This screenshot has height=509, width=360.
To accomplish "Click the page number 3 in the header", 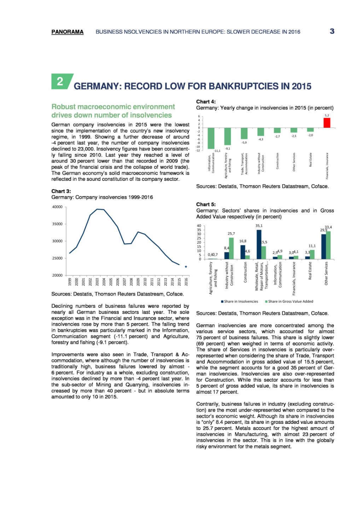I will tap(332, 31).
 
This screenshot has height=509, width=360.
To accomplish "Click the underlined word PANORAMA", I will tap(67, 32).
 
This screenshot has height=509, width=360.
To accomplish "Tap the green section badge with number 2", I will tap(61, 81).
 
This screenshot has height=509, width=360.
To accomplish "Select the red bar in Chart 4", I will tap(327, 123).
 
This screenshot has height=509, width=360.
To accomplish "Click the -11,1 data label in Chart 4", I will tap(217, 151).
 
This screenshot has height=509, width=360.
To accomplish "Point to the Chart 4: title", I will tap(206, 102).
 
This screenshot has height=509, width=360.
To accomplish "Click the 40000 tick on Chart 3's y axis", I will tap(57, 207).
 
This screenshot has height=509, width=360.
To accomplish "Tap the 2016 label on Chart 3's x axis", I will tap(186, 282).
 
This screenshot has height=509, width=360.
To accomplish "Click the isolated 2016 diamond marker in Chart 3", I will tap(186, 267).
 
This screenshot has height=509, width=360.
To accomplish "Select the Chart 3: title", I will tap(61, 191).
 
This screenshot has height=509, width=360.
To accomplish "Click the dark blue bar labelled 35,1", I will tap(259, 244).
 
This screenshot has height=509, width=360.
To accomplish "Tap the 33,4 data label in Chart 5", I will tap(328, 227).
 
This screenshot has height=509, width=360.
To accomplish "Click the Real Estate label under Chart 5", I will tap(310, 271).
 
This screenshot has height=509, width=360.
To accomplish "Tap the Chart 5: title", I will tap(206, 204).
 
